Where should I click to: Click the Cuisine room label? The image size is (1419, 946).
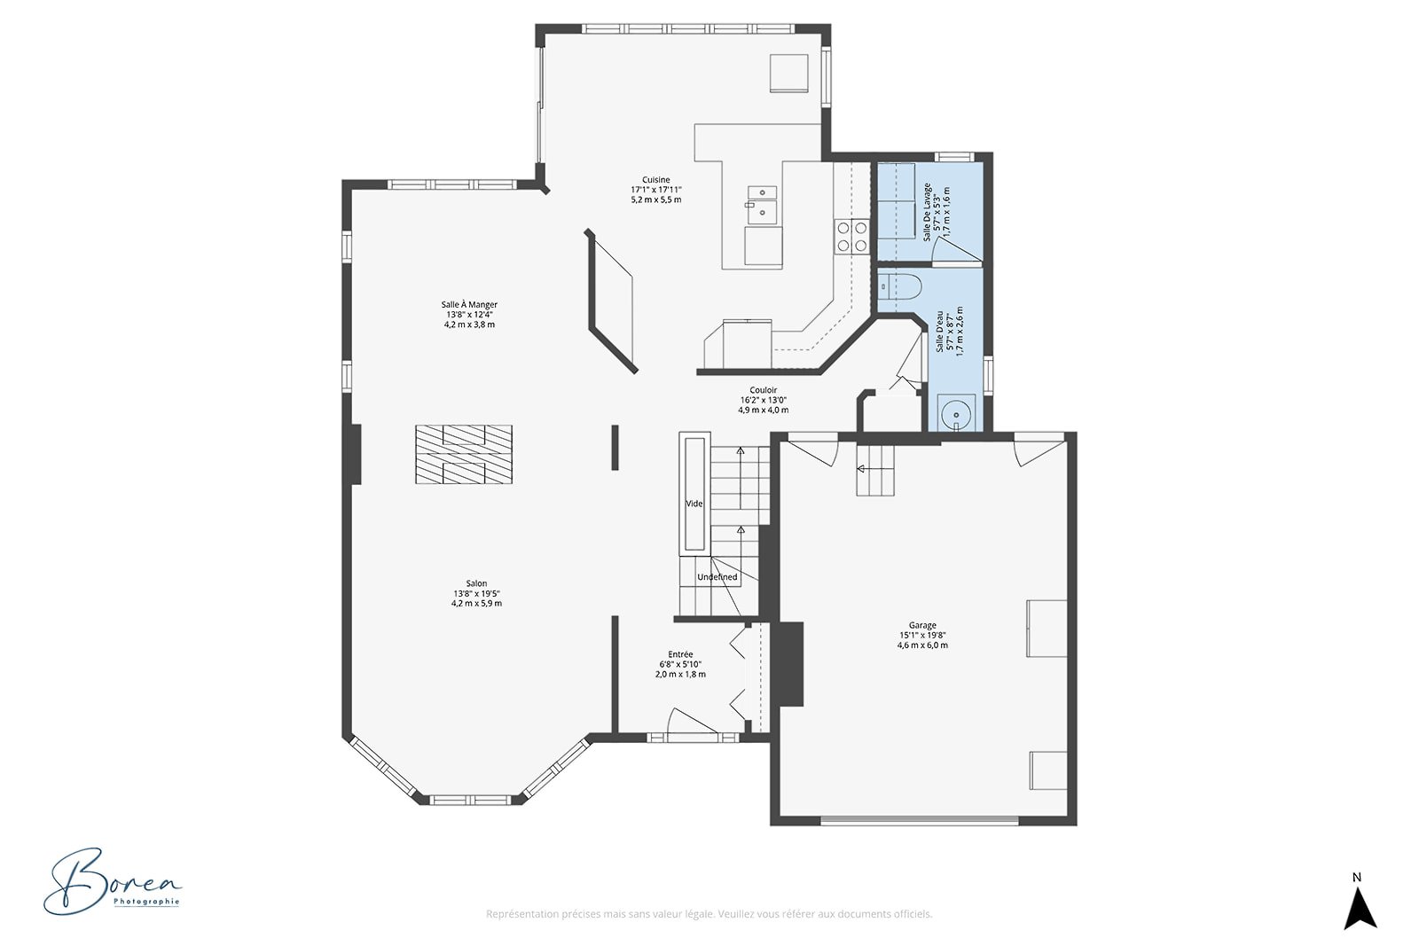(x=655, y=180)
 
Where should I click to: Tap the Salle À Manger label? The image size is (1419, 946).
(x=469, y=305)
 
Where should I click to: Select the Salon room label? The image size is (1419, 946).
(x=476, y=583)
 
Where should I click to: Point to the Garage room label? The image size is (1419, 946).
(x=922, y=626)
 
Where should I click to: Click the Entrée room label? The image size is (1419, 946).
(x=680, y=654)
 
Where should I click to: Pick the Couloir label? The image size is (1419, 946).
(x=763, y=390)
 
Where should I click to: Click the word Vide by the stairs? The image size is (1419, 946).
(x=694, y=504)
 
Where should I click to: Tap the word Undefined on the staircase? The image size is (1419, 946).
(x=717, y=577)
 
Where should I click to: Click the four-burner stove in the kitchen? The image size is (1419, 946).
(x=851, y=237)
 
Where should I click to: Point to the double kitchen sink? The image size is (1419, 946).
(x=762, y=205)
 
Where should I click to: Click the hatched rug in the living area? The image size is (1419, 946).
(x=464, y=455)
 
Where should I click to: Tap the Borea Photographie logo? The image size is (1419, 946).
(x=112, y=880)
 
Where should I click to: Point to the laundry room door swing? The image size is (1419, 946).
(x=957, y=252)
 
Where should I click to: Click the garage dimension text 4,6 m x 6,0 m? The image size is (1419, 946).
(x=922, y=645)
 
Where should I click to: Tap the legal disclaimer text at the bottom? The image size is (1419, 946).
(x=709, y=914)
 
